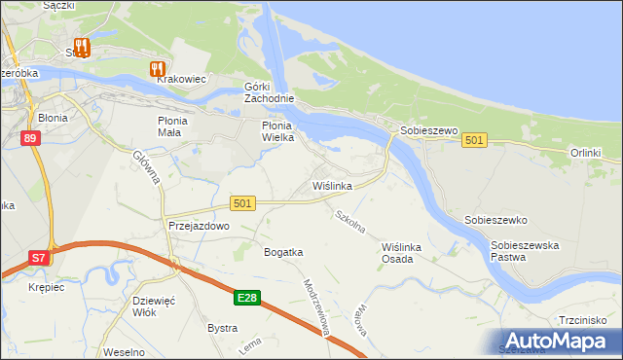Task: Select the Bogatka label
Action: point(283,252)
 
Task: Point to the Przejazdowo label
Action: point(198,225)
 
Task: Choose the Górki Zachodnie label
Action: point(269,93)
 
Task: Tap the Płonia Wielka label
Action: point(283,132)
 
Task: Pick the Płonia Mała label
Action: point(178,126)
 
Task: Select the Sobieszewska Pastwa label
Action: point(525,252)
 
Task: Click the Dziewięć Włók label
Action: point(151,306)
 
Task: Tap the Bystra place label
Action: point(222,328)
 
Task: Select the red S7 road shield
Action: point(38,258)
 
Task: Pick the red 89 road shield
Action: point(30,139)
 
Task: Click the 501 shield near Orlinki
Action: point(474,141)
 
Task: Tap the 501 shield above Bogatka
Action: point(243,202)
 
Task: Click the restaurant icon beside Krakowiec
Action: point(156,68)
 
